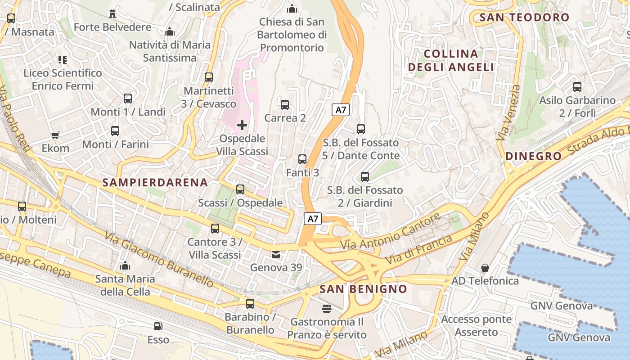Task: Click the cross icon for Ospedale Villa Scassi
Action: [242, 125]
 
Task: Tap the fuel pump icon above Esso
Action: [158, 326]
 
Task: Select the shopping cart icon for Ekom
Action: [55, 135]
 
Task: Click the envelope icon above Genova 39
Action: [275, 255]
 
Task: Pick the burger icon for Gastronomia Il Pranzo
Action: [327, 309]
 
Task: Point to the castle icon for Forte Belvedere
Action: [112, 14]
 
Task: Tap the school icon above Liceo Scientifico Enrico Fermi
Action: [63, 59]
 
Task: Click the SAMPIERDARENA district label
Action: [155, 182]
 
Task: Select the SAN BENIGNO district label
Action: [363, 289]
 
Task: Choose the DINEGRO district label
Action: [534, 156]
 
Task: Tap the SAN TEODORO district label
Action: [524, 18]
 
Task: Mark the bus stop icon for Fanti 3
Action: [302, 159]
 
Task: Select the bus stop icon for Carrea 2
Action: [285, 105]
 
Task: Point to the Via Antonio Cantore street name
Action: [390, 231]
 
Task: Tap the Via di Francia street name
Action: [419, 250]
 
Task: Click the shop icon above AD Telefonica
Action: [485, 268]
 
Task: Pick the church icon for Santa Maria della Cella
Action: [125, 265]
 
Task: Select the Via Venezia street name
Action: [509, 113]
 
